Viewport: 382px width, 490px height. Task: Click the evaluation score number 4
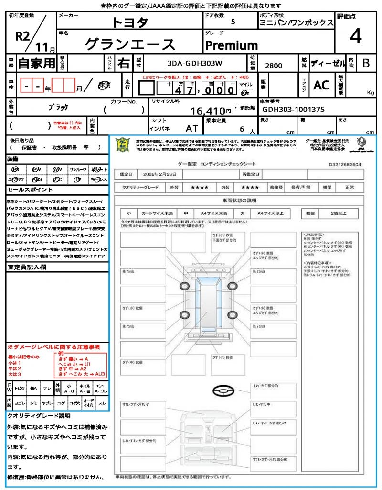pyautogui.click(x=355, y=36)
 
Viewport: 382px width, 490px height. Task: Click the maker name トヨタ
pyautogui.click(x=130, y=22)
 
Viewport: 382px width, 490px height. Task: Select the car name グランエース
pyautogui.click(x=130, y=45)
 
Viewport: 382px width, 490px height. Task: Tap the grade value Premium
pyautogui.click(x=232, y=45)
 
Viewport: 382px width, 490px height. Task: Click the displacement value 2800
pyautogui.click(x=274, y=66)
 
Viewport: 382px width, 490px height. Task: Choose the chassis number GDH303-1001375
pyautogui.click(x=293, y=109)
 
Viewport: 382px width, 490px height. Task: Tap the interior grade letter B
pyautogui.click(x=366, y=63)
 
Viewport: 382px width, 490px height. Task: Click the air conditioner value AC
pyautogui.click(x=321, y=85)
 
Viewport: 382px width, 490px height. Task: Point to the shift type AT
pyautogui.click(x=192, y=128)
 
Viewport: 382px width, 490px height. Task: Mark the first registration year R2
pyautogui.click(x=23, y=37)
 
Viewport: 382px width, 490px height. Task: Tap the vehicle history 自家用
pyautogui.click(x=36, y=63)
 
